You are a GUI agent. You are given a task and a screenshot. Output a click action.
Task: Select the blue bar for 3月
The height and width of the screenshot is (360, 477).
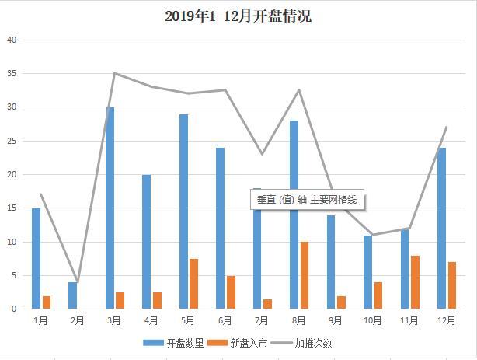(110, 208)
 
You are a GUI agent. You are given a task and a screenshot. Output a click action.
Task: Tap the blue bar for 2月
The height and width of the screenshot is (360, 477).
(73, 295)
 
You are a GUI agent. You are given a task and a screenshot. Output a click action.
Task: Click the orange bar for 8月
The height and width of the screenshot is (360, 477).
(305, 275)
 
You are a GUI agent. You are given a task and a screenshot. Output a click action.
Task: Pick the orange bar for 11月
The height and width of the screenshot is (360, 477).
(416, 281)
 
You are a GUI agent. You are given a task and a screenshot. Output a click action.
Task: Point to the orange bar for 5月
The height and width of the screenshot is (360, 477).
(194, 284)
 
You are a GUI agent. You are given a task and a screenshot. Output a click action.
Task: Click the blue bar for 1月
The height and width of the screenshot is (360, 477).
(36, 258)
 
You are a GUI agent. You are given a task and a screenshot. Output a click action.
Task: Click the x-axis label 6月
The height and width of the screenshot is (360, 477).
(225, 320)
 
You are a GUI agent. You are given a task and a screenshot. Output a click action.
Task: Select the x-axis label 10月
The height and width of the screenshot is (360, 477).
(373, 320)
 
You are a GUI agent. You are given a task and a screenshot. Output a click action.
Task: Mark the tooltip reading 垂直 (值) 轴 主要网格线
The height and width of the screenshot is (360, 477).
(307, 200)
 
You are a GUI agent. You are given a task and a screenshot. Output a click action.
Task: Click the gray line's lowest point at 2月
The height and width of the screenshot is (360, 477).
(78, 281)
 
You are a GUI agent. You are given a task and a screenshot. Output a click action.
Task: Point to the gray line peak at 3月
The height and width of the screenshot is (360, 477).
(114, 73)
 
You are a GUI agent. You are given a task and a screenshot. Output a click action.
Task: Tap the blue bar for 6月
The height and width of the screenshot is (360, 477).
(220, 228)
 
